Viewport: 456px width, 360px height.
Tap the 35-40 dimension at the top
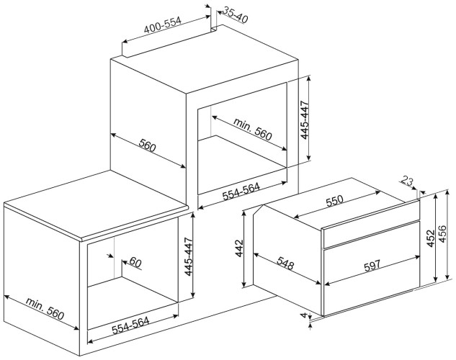click(235, 14)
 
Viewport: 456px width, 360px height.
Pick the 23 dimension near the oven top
click(408, 183)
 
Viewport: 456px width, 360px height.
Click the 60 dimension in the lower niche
click(136, 264)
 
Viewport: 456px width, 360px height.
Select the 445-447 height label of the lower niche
click(189, 257)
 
